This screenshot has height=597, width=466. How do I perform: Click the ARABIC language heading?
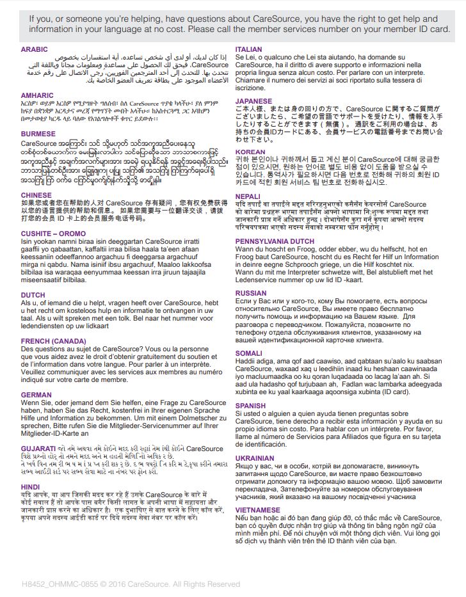pos(34,49)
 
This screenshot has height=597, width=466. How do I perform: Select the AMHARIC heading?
pos(36,95)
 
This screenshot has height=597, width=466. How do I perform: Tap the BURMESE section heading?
pos(38,134)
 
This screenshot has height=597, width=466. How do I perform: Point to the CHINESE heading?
pos(36,195)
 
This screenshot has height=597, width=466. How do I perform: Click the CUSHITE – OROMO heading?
pos(53,234)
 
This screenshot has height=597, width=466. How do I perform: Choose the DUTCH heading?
pos(33,295)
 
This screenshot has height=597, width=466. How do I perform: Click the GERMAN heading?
pos(36,395)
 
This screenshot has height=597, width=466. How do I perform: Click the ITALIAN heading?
pos(248,49)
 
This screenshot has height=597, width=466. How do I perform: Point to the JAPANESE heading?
pos(254,101)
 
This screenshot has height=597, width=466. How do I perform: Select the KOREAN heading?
pos(250,152)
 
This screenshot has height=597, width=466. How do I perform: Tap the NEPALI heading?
pos(248,196)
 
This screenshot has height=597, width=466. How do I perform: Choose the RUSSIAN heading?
pos(251,293)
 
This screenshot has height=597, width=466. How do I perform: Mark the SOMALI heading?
pos(249,353)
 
